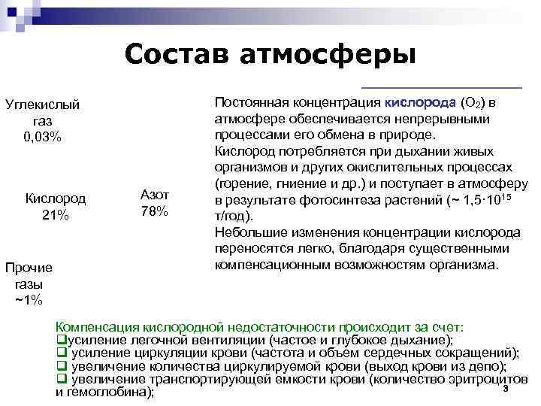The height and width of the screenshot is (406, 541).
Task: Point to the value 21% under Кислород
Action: point(55,215)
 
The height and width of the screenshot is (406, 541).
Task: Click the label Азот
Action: point(155,195)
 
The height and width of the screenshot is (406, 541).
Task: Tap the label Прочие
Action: point(29,268)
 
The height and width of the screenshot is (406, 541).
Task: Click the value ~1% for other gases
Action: point(29,300)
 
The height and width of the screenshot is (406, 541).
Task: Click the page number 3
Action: point(506,388)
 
